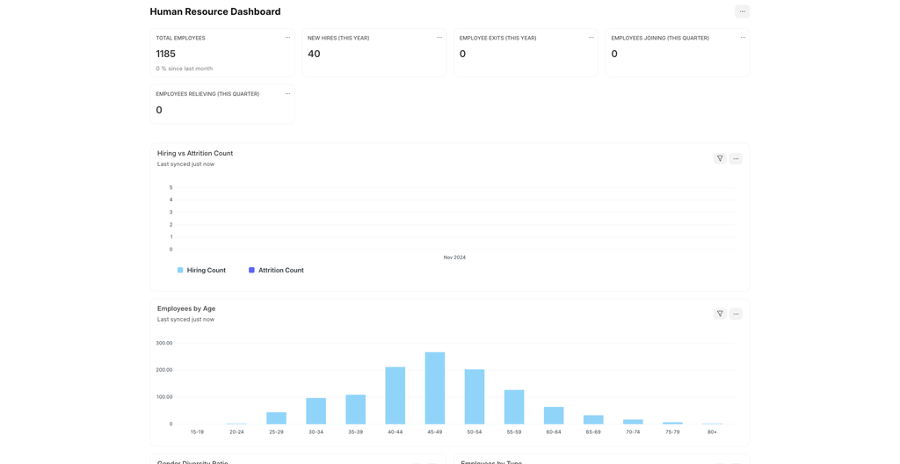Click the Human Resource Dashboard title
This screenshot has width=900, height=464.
click(x=215, y=11)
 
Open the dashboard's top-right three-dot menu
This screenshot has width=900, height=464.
click(x=742, y=11)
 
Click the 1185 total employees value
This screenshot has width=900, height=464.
click(x=166, y=54)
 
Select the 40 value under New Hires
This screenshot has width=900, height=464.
click(x=314, y=54)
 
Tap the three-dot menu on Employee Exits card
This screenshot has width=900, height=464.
click(x=591, y=38)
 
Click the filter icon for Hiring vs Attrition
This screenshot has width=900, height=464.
click(x=720, y=158)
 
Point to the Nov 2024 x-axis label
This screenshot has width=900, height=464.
click(x=454, y=257)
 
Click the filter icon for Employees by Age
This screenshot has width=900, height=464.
click(x=720, y=314)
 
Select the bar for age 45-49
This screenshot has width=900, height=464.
click(x=435, y=388)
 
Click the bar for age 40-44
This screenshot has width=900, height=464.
click(x=396, y=395)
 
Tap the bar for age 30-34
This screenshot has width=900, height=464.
click(x=316, y=410)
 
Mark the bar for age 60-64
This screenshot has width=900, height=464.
click(x=554, y=416)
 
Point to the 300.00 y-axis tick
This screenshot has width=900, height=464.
click(x=164, y=343)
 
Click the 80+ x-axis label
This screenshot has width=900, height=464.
click(x=712, y=432)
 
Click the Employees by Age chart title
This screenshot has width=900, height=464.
click(x=186, y=308)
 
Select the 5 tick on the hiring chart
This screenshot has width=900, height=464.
click(x=171, y=187)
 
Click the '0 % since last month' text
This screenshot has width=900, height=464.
click(x=185, y=69)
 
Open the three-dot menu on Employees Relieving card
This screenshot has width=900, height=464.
click(x=287, y=94)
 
